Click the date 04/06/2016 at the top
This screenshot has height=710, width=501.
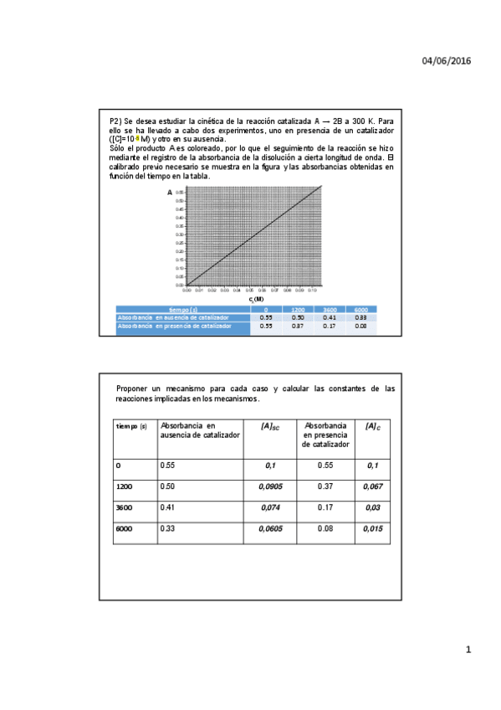446,61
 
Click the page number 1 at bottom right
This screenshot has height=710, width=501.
468,650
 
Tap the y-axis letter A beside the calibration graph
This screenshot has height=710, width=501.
170,193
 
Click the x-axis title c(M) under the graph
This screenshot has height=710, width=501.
256,299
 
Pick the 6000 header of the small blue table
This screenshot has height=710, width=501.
360,310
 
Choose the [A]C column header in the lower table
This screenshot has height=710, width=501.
372,426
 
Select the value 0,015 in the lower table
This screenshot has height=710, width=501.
373,528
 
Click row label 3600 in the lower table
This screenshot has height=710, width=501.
125,507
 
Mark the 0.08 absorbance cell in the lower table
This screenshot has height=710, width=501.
311,528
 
